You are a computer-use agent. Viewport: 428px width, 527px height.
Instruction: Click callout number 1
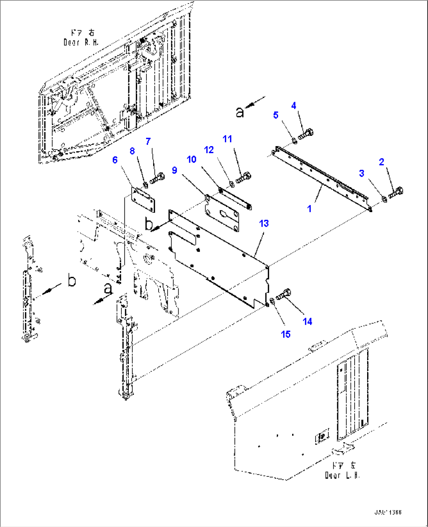point(309,209)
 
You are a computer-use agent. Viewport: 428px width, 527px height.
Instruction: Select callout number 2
point(381,162)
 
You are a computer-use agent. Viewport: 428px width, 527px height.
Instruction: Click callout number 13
point(264,223)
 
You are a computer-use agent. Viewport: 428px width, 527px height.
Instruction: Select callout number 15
point(286,334)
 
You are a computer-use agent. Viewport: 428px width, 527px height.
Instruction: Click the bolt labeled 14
point(284,294)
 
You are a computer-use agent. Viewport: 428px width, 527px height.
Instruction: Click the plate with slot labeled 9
point(221,214)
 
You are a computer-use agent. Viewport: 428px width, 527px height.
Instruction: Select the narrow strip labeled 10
point(235,199)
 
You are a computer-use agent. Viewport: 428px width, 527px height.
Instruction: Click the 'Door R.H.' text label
point(81,42)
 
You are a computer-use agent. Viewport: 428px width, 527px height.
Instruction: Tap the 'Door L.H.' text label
point(342,475)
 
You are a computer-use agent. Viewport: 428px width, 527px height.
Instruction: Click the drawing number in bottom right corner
point(388,512)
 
